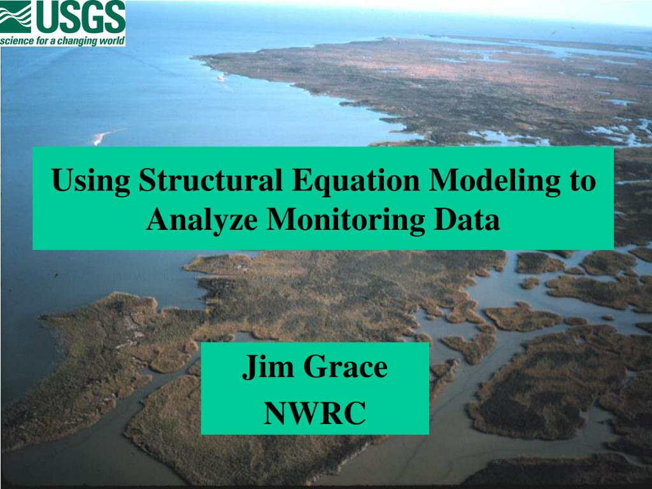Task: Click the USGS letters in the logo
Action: pos(80,17)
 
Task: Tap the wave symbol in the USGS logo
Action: pos(16,17)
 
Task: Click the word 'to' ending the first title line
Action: pos(582,180)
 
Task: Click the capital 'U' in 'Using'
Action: pos(61,180)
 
